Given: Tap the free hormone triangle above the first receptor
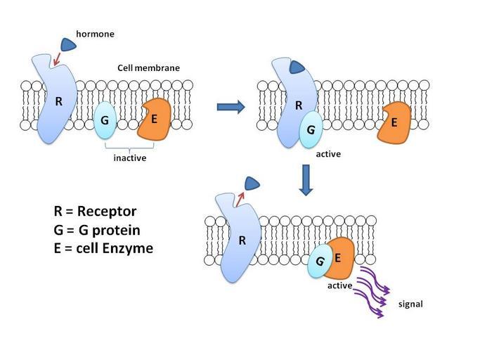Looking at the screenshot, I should pyautogui.click(x=69, y=45).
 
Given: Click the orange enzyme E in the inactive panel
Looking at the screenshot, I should pyautogui.click(x=155, y=119).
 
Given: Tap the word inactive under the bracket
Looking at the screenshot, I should pyautogui.click(x=130, y=157).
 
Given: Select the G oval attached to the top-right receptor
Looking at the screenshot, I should pyautogui.click(x=311, y=131).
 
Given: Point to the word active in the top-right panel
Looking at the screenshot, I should pyautogui.click(x=328, y=153).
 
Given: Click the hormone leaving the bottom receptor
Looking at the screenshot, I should pyautogui.click(x=251, y=184).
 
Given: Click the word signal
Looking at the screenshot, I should pyautogui.click(x=410, y=304).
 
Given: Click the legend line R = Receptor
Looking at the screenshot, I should pyautogui.click(x=95, y=212).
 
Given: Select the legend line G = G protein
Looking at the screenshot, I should pyautogui.click(x=97, y=230).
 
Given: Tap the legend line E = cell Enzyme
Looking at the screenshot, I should pyautogui.click(x=103, y=247).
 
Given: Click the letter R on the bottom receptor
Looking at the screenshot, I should pyautogui.click(x=242, y=240).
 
